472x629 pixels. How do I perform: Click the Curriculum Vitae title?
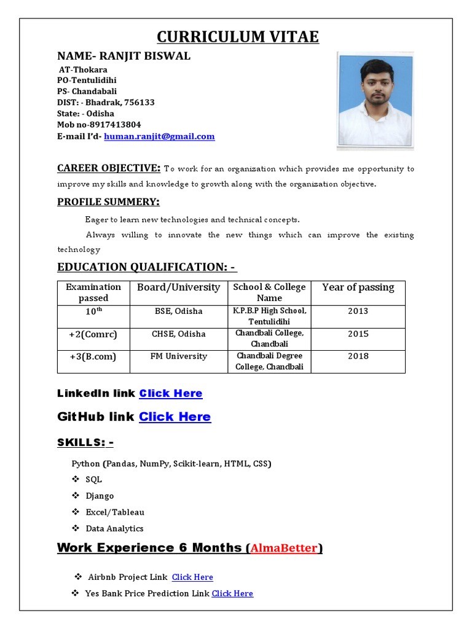coord(238,37)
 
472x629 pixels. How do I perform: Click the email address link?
coord(159,136)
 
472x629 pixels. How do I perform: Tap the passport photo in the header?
coord(375,101)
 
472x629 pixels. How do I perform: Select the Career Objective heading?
coord(109,168)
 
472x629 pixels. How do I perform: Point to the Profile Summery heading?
coord(108,202)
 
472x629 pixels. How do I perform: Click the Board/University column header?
coord(178,287)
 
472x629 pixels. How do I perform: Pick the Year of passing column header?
coord(358,287)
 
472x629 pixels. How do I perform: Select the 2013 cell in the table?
coord(358,311)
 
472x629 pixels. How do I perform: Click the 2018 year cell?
coord(358,356)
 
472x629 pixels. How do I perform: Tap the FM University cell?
coord(178,356)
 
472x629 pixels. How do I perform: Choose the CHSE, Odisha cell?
coord(178,334)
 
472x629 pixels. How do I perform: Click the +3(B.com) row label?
coord(93,356)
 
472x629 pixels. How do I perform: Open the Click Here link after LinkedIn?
coord(171,393)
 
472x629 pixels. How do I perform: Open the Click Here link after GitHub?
coord(175,416)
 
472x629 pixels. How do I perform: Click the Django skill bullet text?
coord(100,496)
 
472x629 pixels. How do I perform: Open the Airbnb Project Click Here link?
coord(192,577)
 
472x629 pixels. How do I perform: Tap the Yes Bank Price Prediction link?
coord(232,593)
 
